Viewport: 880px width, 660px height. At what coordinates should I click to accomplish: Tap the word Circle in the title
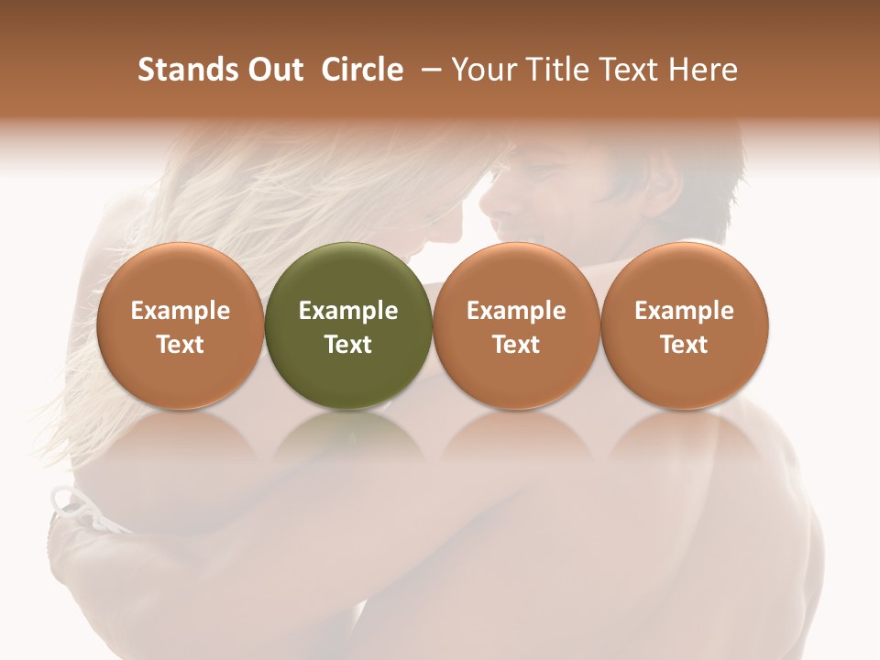point(362,70)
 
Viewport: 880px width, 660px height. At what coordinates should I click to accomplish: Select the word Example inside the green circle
point(348,311)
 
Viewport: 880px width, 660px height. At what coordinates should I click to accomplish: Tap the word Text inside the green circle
point(348,345)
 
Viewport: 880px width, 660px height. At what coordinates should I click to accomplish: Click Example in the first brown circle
point(181,311)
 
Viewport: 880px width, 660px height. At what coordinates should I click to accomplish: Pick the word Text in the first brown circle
point(181,345)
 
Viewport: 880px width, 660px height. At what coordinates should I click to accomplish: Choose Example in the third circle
point(516,311)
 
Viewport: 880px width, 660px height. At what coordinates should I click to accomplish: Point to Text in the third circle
point(516,345)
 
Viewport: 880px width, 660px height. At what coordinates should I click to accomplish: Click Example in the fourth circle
point(685,311)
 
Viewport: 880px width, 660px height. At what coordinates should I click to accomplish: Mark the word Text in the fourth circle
point(685,345)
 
